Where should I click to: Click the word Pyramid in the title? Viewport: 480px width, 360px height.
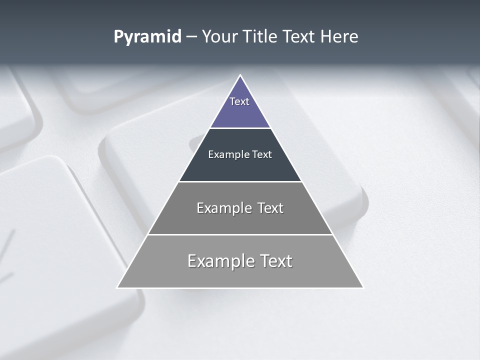147,37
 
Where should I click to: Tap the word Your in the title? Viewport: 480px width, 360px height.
220,37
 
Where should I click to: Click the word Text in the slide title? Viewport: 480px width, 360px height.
299,37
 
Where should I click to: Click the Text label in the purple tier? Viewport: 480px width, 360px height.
239,101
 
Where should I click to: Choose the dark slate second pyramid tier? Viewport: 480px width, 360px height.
240,167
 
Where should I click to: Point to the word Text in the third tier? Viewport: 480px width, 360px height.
270,208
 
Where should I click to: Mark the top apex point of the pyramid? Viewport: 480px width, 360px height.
240,75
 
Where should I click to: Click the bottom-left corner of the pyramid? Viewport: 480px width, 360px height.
118,287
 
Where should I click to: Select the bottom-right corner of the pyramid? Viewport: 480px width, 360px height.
362,287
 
